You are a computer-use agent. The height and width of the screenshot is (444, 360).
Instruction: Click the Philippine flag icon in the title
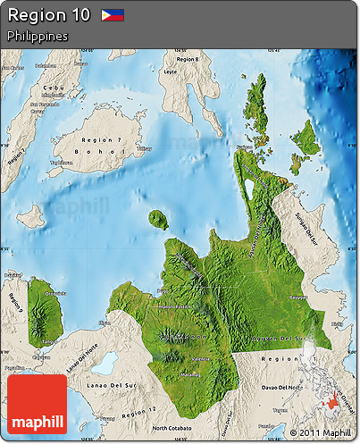point(113,15)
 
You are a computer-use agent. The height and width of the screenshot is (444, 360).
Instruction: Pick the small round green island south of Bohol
point(159,219)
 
